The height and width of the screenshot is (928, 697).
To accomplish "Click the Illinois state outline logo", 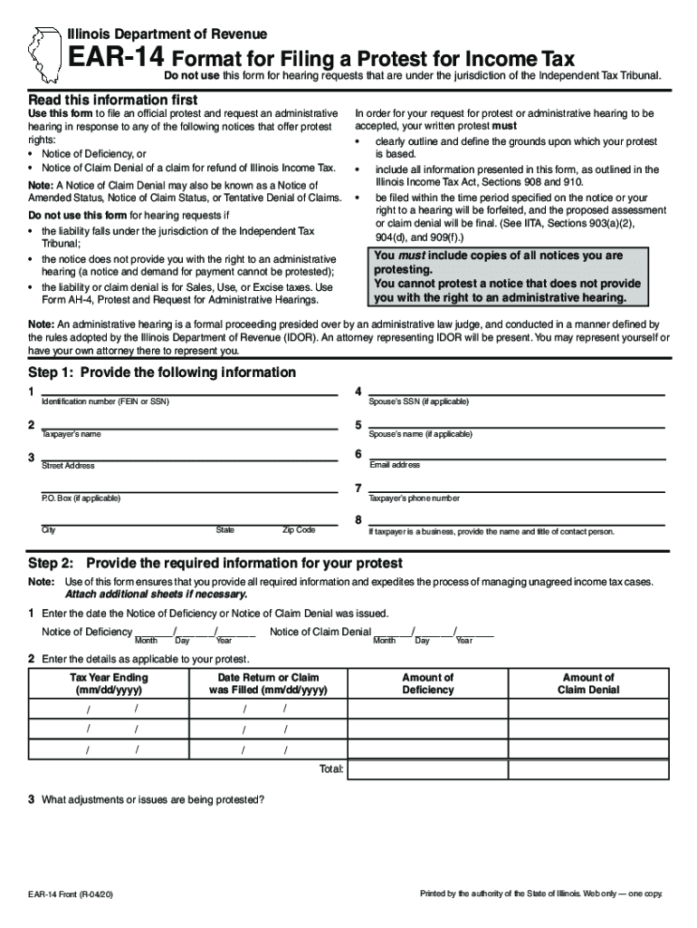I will click(x=42, y=53).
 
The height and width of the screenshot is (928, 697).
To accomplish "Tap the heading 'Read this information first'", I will click(x=113, y=99).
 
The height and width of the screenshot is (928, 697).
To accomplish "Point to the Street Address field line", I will click(x=189, y=459).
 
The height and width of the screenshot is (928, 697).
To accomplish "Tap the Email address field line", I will click(x=516, y=459).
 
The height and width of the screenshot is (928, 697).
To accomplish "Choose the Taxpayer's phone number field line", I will click(x=516, y=491).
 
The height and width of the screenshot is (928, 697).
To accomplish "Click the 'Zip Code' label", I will click(x=299, y=530).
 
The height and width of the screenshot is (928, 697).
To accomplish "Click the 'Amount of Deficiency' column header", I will click(x=428, y=683).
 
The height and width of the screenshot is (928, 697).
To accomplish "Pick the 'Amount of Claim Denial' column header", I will click(x=588, y=683).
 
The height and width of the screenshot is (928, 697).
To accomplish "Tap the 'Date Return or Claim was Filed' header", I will click(x=269, y=683).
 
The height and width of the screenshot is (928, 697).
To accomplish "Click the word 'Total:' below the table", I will click(x=331, y=769).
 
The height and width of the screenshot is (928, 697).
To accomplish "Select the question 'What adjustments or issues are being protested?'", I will click(x=152, y=799).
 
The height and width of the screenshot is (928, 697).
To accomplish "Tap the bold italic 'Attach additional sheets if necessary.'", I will click(x=156, y=594).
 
